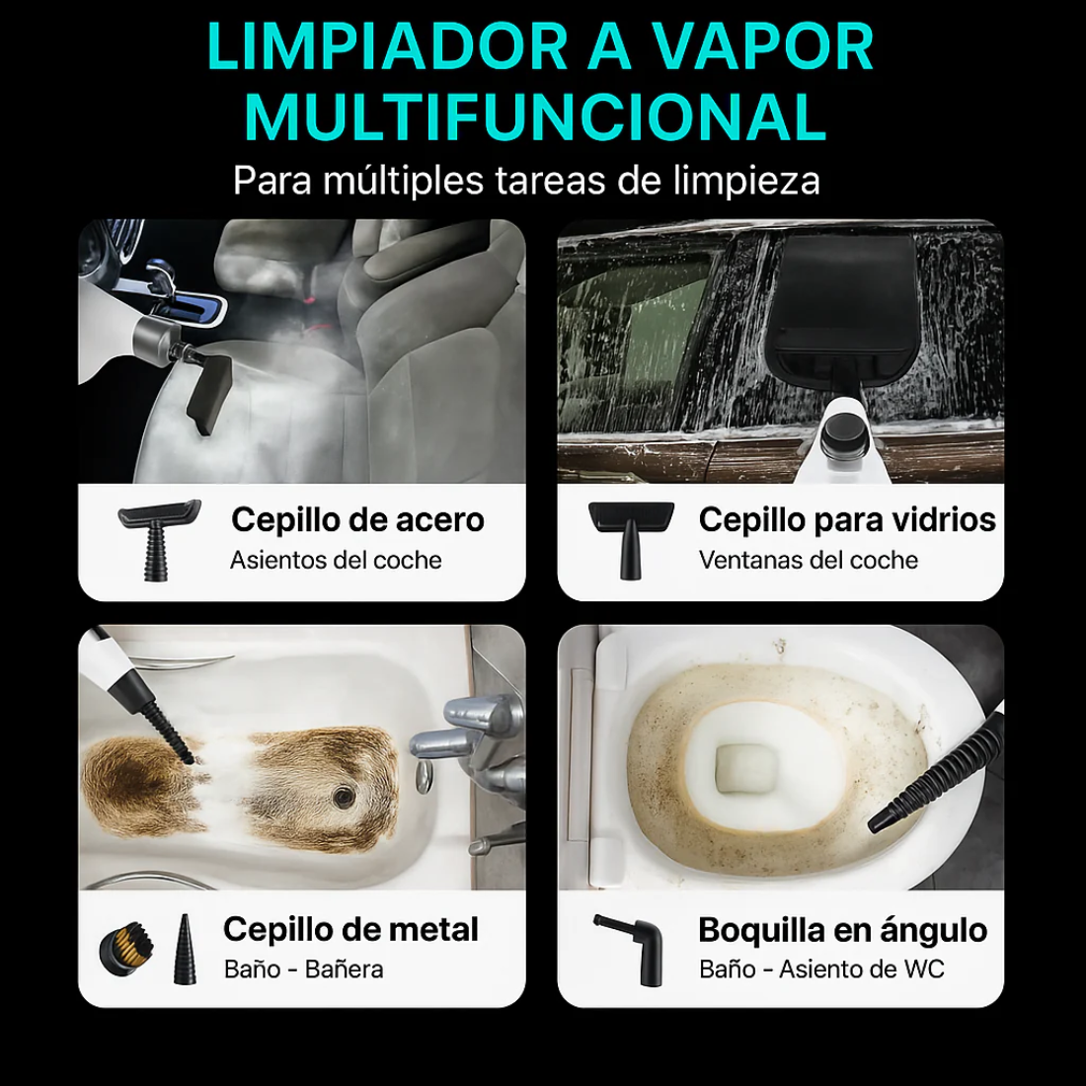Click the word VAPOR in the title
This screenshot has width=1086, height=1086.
click(761, 47)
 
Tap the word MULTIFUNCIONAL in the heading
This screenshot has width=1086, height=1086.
click(534, 117)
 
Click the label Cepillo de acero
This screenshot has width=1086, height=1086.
click(357, 520)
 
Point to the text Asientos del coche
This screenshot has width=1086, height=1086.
click(336, 561)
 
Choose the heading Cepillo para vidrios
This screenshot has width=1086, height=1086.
click(847, 520)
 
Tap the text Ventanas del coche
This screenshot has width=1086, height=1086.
click(808, 561)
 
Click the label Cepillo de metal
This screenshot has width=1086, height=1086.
click(350, 929)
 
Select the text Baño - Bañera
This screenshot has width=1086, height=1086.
click(303, 970)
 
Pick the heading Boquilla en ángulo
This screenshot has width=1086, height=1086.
click(842, 930)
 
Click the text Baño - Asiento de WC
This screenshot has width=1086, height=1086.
click(821, 970)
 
